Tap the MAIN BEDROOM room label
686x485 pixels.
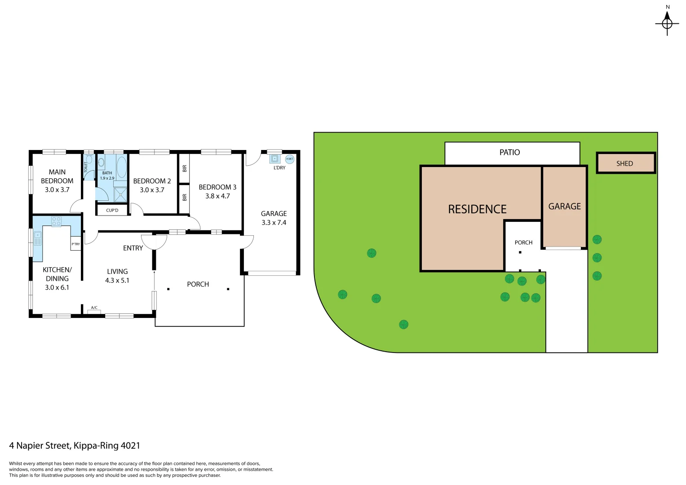point(57,176)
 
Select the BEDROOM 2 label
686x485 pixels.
point(152,181)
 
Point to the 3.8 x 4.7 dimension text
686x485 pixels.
point(217,196)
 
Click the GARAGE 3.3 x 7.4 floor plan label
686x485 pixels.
point(274,218)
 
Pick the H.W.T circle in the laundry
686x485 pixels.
point(290,159)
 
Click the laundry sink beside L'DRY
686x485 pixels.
point(274,159)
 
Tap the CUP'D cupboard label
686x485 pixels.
point(112,210)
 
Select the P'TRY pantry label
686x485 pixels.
point(75,244)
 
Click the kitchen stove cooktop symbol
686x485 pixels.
point(56,221)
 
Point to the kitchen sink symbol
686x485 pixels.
point(38,238)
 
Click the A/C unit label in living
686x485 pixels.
point(94,308)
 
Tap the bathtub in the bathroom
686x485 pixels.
point(121,167)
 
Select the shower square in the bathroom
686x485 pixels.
point(120,194)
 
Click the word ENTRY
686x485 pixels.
point(133,248)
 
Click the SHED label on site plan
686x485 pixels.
point(624,163)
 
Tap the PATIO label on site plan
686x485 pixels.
point(509,153)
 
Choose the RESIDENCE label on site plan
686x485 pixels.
point(477,209)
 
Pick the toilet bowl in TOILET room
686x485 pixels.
point(89,160)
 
